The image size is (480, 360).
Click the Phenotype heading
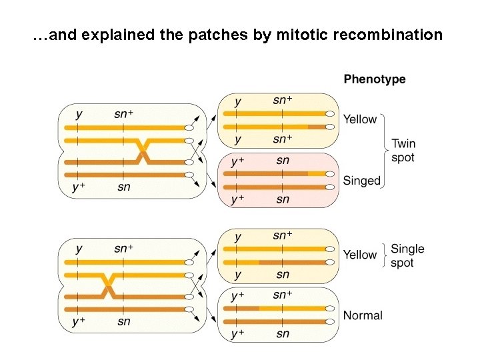tap(374, 79)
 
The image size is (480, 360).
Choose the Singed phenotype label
tap(361, 181)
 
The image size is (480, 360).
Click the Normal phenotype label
tap(363, 315)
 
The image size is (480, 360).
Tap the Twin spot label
tap(403, 151)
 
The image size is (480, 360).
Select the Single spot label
tap(407, 255)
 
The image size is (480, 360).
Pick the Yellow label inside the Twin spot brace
tap(360, 119)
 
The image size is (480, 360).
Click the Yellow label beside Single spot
tap(360, 255)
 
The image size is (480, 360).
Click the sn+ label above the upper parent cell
tap(123, 114)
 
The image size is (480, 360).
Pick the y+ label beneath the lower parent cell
tap(78, 321)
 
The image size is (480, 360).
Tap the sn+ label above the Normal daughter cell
tap(283, 295)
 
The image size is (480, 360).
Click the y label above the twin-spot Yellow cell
tap(238, 101)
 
